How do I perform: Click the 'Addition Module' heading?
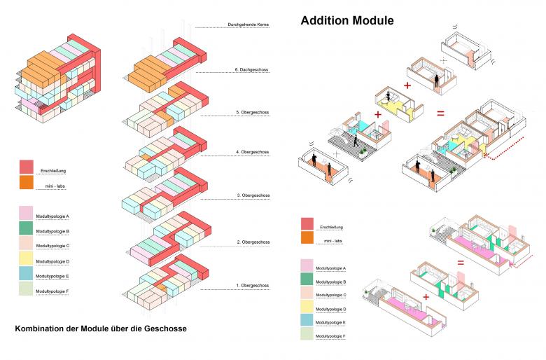(x=346, y=20)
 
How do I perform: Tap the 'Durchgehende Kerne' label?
(x=248, y=25)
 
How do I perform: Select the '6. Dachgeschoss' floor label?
(x=253, y=70)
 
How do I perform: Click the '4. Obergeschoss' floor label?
(x=252, y=152)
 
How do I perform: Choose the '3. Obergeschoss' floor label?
(x=252, y=195)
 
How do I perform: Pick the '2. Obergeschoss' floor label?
(x=252, y=242)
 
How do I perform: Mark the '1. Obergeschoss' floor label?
(x=252, y=285)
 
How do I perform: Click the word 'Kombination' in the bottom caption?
(x=41, y=328)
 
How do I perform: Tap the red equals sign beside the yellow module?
(x=440, y=113)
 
